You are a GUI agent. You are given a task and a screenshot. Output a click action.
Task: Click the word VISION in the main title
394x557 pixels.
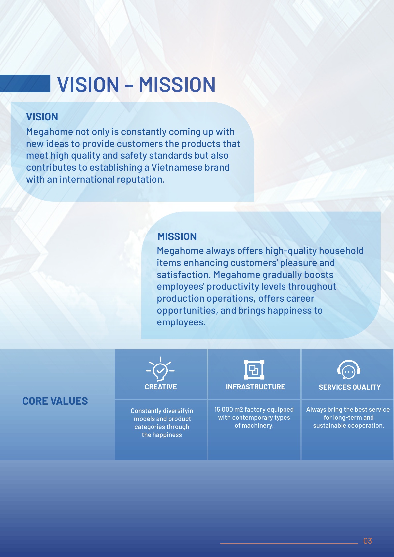tap(88, 85)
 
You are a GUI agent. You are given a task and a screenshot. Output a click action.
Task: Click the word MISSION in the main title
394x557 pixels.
tap(177, 85)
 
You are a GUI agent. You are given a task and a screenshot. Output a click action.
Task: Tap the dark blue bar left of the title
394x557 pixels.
tap(25, 84)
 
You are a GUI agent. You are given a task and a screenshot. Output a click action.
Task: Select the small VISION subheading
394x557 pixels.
tap(42, 117)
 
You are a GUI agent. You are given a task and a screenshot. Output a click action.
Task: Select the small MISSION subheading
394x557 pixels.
tap(177, 236)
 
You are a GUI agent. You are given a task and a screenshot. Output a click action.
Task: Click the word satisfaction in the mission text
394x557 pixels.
tap(184, 275)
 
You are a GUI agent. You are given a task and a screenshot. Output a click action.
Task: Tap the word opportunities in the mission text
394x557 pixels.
tap(187, 311)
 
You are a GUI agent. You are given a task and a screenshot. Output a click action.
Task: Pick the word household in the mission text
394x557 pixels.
tap(341, 251)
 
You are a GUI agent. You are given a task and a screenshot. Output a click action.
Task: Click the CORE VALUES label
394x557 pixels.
tap(55, 401)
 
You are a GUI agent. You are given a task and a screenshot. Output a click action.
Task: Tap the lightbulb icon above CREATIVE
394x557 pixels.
tap(160, 369)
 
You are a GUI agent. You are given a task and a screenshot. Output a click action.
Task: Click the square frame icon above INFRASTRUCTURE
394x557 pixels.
tap(254, 369)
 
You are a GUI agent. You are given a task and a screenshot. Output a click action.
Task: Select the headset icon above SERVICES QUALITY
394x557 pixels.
tap(349, 369)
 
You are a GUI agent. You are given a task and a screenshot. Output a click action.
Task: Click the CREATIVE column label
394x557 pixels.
tap(161, 387)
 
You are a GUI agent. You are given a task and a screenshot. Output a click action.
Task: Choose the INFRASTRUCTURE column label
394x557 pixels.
tap(255, 387)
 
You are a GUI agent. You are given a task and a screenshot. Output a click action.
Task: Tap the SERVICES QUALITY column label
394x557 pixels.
tap(350, 387)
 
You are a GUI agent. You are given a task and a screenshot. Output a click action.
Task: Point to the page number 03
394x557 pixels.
tap(368, 541)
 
